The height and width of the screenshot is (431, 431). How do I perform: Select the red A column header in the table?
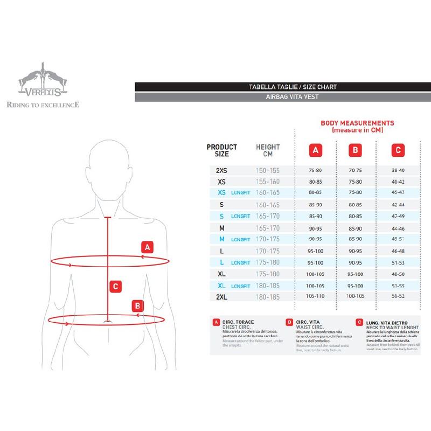[315, 150]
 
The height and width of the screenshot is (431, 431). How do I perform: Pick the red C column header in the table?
[398, 150]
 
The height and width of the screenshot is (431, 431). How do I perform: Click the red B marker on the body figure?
[138, 305]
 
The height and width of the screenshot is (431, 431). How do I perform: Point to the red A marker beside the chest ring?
[148, 248]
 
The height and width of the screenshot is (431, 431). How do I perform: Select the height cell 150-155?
[267, 170]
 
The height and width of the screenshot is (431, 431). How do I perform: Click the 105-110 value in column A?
[315, 297]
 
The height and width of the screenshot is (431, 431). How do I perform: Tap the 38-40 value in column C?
[398, 170]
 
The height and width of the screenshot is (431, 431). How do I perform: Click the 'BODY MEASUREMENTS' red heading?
[357, 123]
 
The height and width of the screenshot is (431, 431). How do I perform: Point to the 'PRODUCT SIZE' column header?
[221, 150]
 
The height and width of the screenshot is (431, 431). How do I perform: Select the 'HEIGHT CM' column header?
[268, 150]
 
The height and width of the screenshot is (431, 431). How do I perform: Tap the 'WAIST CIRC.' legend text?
[310, 326]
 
